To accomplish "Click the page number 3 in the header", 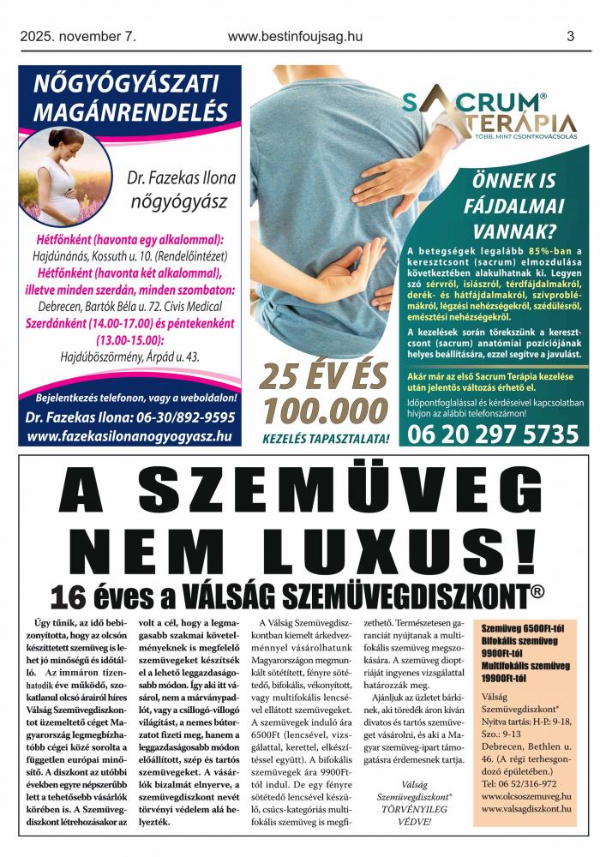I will [570, 36].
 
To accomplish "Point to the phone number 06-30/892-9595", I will [182, 418].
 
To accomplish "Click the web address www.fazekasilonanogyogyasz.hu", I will [129, 436].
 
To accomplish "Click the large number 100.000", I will [325, 411].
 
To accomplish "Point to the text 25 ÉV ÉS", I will [325, 377].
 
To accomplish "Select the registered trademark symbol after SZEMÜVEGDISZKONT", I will [537, 590].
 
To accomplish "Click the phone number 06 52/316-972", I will [519, 783].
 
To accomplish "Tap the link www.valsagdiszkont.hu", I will [527, 810].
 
